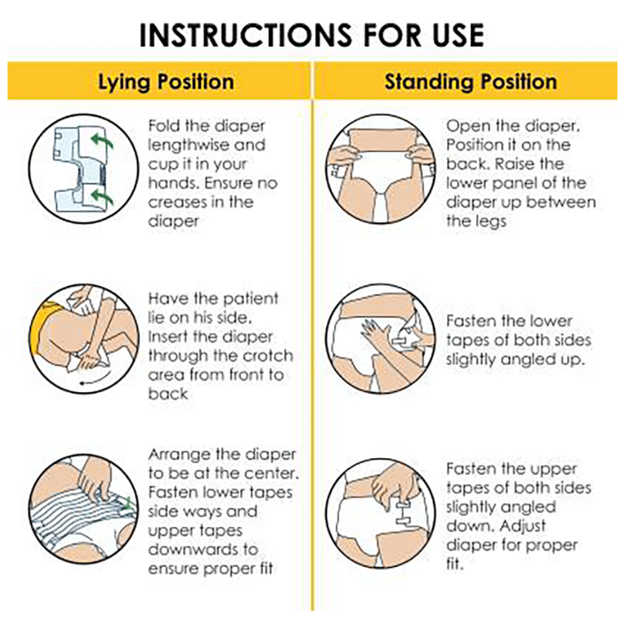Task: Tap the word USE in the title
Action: [457, 35]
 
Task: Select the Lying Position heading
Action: [166, 82]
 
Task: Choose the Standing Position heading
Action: [471, 82]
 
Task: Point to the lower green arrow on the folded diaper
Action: [101, 196]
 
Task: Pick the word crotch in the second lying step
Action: [267, 356]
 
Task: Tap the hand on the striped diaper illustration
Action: [94, 480]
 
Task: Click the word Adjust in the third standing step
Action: [522, 526]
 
